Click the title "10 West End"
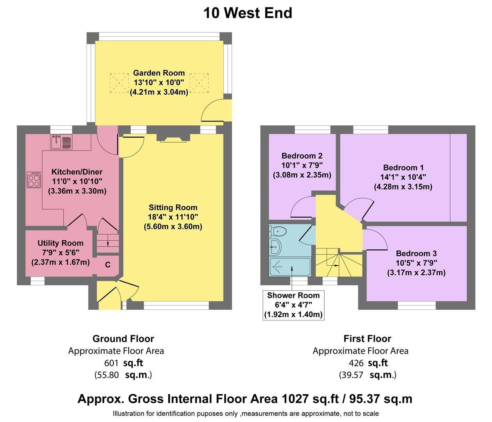click(247, 13)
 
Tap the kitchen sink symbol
click(61, 142)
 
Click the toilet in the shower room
click(278, 232)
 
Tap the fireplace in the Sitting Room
click(175, 138)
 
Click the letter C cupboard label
click(108, 265)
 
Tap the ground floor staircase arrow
click(107, 242)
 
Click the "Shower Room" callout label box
click(293, 305)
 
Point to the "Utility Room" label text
click(60, 243)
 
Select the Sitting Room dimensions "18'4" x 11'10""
click(173, 217)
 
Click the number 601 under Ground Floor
click(111, 363)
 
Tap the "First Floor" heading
click(367, 338)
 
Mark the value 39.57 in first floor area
click(352, 375)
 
